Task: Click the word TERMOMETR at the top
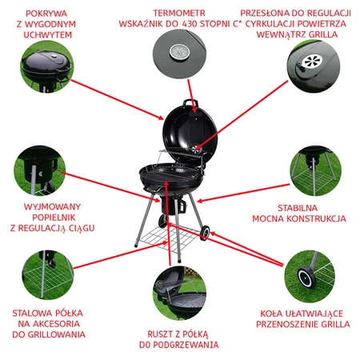(179, 13)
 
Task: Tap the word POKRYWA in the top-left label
(46, 14)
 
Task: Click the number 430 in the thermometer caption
(190, 24)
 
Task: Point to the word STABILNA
(298, 208)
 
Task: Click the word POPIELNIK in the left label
(54, 218)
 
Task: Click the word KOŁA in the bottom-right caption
(271, 314)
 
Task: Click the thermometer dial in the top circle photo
(180, 52)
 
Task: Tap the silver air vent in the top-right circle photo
(312, 62)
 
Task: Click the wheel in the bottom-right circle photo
(306, 278)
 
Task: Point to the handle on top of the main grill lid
(190, 102)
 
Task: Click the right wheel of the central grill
(205, 232)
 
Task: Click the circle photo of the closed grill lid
(47, 66)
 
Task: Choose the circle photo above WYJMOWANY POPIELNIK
(40, 170)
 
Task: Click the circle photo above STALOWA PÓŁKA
(48, 275)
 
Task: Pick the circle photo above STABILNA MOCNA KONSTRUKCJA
(315, 171)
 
